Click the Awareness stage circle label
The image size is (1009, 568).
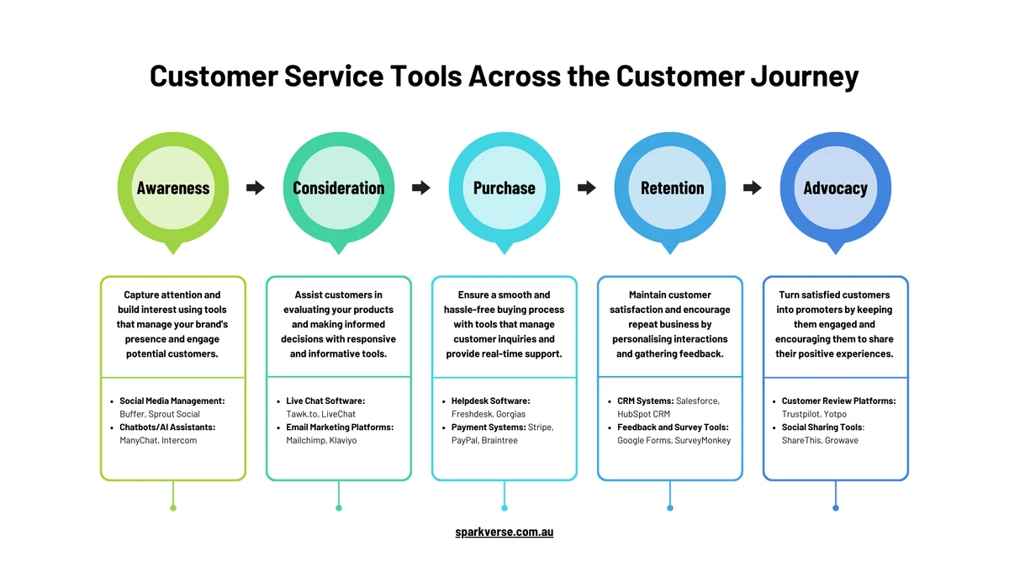173,188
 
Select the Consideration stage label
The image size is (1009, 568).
339,188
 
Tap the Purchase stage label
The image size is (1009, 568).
504,188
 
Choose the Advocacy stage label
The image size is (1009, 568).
835,188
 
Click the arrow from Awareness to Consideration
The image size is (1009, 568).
256,188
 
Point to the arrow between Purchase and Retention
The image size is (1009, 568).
587,188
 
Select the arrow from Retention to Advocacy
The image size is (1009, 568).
753,188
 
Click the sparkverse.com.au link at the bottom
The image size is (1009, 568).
504,532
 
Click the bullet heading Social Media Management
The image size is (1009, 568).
172,401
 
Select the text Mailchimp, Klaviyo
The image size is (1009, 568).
321,440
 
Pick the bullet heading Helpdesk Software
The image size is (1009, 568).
491,401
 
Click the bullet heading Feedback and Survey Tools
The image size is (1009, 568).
672,427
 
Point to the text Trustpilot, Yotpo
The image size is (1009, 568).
814,414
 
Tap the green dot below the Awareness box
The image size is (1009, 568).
173,508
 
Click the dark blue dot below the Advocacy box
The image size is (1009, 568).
836,508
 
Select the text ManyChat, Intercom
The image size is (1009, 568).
158,440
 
